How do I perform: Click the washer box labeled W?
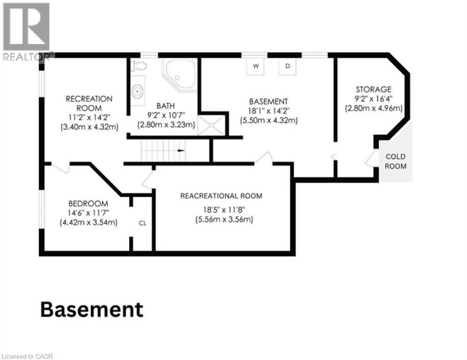pos(256,66)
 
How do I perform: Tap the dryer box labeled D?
pos(287,66)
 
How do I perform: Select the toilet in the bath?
pos(139,66)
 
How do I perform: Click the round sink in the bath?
pos(138,91)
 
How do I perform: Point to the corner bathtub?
pos(180,75)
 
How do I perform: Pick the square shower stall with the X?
pos(211,125)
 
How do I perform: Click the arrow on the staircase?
pos(182,150)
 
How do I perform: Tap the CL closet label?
pos(143,223)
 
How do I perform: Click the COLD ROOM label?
pos(396,161)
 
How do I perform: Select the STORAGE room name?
pos(374,90)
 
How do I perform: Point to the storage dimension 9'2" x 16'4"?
pos(374,99)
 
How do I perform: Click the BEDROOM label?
pos(88,204)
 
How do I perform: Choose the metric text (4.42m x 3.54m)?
pos(88,222)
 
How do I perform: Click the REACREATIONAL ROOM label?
pos(221,196)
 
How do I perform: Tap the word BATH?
pos(165,106)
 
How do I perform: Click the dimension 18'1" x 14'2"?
pos(269,111)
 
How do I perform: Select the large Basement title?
pos(91,309)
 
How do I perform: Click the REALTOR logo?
pos(27,31)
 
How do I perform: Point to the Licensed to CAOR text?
pos(27,356)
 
